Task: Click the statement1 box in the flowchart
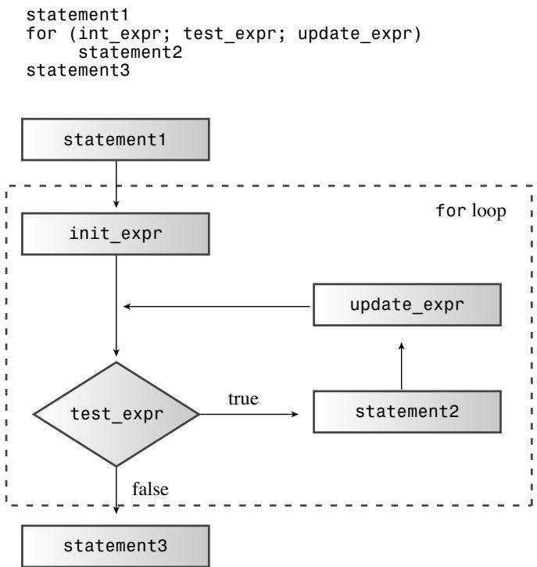[x=116, y=140]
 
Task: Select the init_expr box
[x=116, y=234]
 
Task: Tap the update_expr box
[x=407, y=305]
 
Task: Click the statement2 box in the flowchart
[x=407, y=412]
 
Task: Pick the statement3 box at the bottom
[x=116, y=546]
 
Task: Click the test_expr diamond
[x=116, y=414]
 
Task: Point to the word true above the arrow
[x=243, y=399]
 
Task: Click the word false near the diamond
[x=150, y=489]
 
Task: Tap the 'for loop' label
[x=471, y=211]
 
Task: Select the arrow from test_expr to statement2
[x=249, y=414]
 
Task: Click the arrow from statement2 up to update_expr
[x=401, y=366]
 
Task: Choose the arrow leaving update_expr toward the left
[x=217, y=307]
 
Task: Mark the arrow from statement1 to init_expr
[x=116, y=184]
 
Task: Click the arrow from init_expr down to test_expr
[x=116, y=306]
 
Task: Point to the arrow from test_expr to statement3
[x=116, y=490]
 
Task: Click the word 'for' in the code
[x=41, y=34]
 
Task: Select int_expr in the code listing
[x=120, y=34]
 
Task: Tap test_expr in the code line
[x=230, y=34]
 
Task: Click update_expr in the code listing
[x=355, y=34]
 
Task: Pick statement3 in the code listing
[x=78, y=70]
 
